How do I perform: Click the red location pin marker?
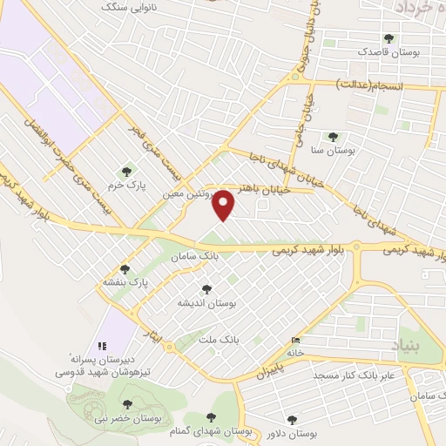(x=225, y=205)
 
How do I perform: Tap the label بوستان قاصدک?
(x=389, y=52)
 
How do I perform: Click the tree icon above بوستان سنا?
(x=332, y=136)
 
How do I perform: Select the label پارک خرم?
(x=127, y=186)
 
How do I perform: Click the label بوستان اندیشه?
(x=206, y=302)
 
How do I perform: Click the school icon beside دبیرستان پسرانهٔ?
(x=102, y=346)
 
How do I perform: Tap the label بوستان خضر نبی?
(x=127, y=419)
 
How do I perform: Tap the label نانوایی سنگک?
(x=131, y=6)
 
